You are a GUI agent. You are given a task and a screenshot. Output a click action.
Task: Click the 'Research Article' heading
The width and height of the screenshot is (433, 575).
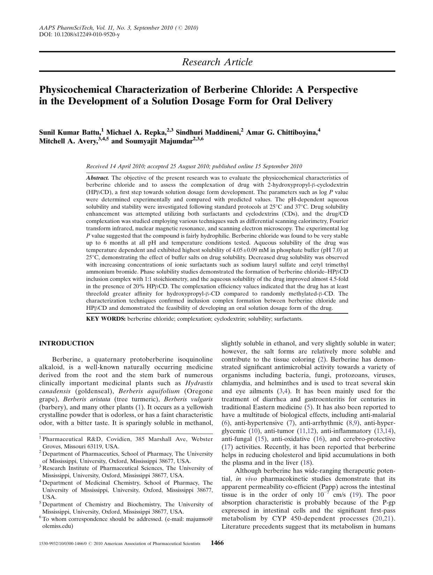[x=217, y=62]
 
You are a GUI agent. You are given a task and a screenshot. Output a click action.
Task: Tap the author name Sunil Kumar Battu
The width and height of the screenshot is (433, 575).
[x=69, y=133]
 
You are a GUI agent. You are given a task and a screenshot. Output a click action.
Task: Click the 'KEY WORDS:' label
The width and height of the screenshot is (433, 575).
[x=106, y=319]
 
